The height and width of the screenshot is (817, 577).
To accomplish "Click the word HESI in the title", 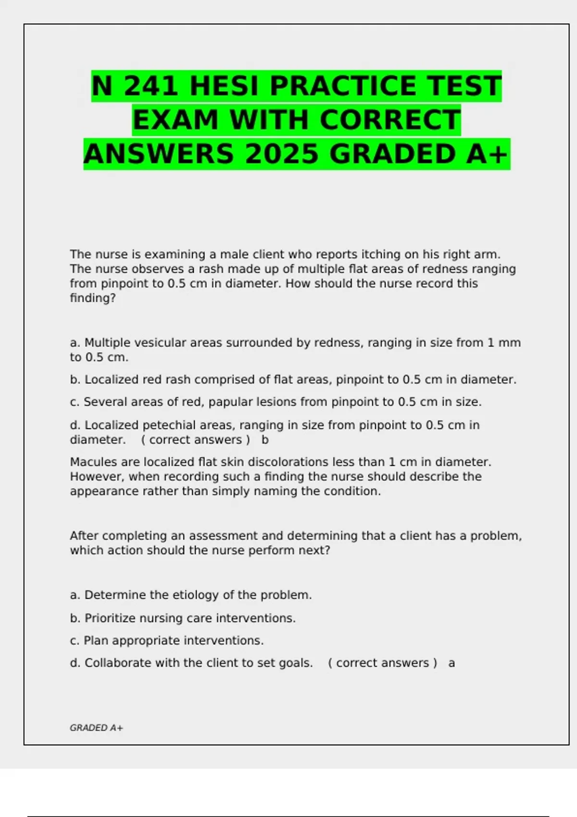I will (226, 87).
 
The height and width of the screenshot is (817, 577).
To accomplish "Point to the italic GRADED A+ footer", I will (96, 728).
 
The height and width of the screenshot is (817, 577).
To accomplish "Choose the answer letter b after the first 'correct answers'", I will (265, 440).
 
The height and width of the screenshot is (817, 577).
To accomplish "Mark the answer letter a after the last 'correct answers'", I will (452, 663).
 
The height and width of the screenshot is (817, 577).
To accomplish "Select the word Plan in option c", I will (96, 641).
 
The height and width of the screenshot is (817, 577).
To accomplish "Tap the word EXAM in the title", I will (176, 120).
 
